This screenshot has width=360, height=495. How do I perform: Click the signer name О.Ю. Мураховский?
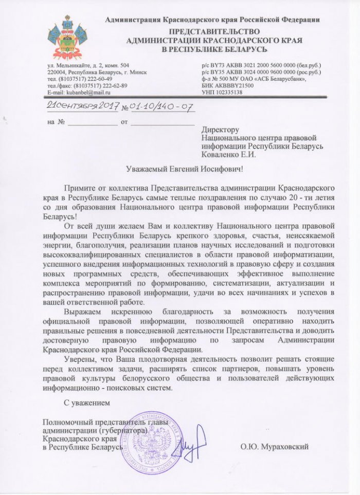[x=274, y=447]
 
